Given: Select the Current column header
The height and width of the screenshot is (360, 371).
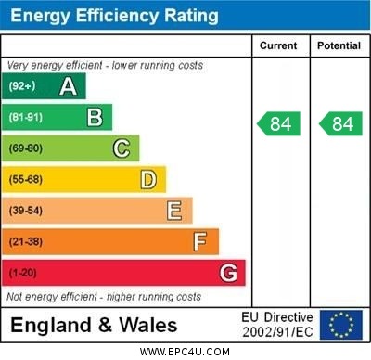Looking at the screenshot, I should point(278,45).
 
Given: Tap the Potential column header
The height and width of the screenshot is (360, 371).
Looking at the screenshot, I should point(339,45).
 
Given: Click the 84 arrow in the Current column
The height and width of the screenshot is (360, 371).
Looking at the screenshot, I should point(279,123).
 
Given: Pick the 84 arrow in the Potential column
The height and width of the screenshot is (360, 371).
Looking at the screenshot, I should point(339,123).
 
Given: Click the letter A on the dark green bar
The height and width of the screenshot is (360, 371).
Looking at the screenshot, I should point(68,86).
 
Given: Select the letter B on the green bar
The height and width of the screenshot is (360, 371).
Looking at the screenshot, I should point(95,117).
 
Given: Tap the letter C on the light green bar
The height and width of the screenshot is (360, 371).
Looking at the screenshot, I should point(122,148).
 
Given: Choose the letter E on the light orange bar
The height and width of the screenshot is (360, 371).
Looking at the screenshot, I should point(174,211).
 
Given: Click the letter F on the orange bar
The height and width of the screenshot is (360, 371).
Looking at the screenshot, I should point(200,242).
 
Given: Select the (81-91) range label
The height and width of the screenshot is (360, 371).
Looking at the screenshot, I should point(27,117).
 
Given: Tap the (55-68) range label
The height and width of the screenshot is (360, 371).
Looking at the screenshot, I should point(27,179).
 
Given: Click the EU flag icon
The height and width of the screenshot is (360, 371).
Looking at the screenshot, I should point(341,325).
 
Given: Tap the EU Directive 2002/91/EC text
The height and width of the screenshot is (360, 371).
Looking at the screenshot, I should point(277,325).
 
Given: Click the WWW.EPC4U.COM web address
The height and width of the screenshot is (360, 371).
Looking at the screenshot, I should point(185,352).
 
